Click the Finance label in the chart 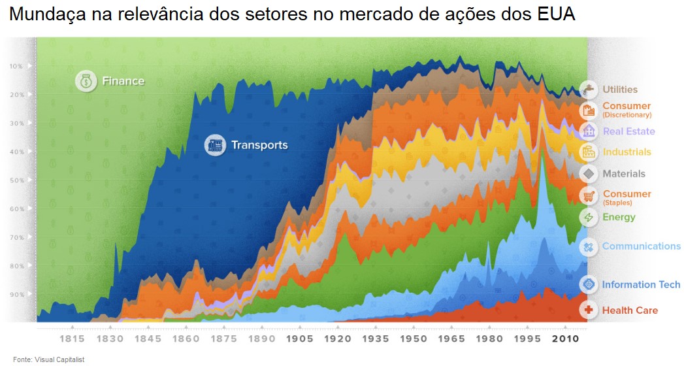(x=123, y=81)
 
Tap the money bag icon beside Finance (x=86, y=81)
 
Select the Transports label (x=259, y=145)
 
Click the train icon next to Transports (x=214, y=145)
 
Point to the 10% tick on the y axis (x=16, y=66)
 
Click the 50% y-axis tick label (x=16, y=180)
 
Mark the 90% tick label (x=16, y=295)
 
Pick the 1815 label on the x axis (x=72, y=339)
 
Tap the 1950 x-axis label (x=413, y=339)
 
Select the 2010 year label (x=564, y=339)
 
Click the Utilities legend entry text (x=620, y=90)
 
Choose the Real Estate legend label (x=628, y=131)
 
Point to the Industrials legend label (x=627, y=152)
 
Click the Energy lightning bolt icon (x=589, y=218)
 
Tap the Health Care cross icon (x=589, y=310)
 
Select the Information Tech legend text (x=641, y=285)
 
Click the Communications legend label (x=641, y=246)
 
